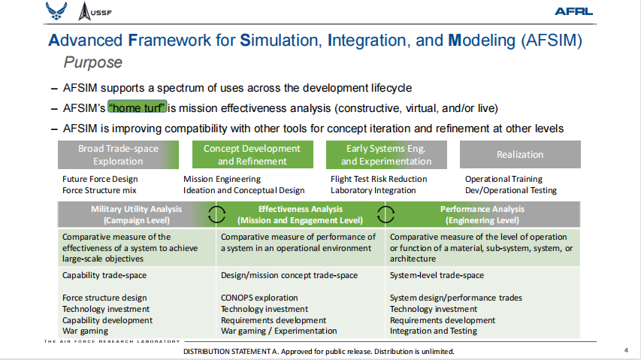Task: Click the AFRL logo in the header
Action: [573, 11]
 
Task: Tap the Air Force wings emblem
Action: [56, 11]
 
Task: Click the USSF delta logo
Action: [95, 11]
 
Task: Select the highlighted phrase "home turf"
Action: [138, 107]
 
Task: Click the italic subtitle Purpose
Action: [92, 62]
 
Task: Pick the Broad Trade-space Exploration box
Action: [118, 155]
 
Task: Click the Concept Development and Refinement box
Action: [252, 155]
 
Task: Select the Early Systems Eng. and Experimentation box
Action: [386, 155]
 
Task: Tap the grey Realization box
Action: [520, 155]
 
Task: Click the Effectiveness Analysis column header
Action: [300, 214]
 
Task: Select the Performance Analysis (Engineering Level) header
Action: [482, 214]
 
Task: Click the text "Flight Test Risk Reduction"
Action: [379, 179]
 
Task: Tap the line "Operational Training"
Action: [503, 179]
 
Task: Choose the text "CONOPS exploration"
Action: [259, 298]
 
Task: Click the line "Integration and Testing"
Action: [434, 331]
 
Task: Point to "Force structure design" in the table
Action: [104, 298]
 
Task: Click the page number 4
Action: [626, 350]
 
